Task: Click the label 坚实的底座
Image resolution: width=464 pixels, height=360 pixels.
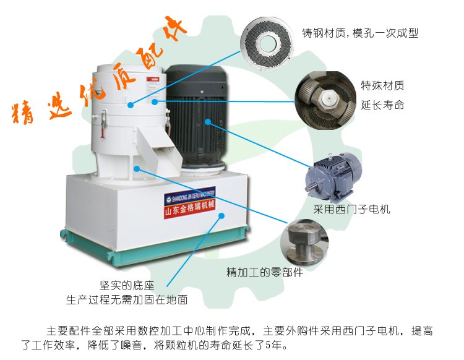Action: click(127, 286)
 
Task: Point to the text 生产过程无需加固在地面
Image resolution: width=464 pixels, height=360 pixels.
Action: click(127, 300)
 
